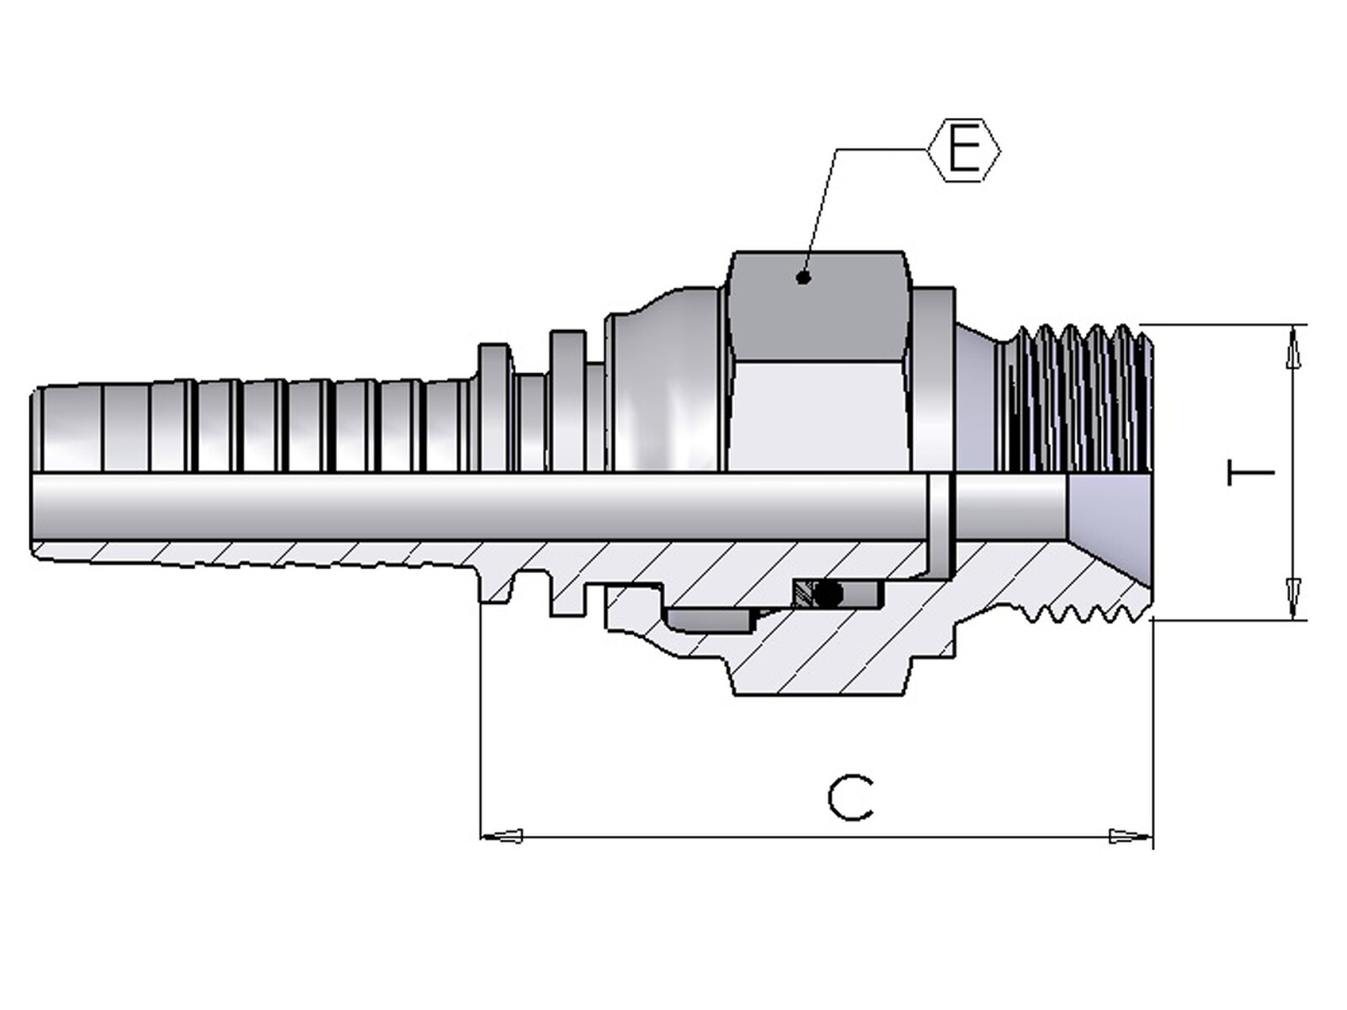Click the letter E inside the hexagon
point(964,151)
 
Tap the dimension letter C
point(849,799)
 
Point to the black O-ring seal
point(828,593)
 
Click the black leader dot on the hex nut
point(803,278)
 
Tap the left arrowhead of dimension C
point(502,836)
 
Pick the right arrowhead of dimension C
point(1131,836)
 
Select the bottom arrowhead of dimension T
point(1293,598)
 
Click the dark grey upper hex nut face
point(816,306)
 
